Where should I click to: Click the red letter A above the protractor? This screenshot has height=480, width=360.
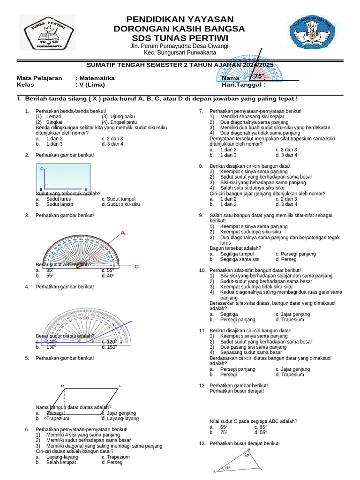coord(123,232)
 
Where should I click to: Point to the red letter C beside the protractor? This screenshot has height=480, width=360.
coord(137,266)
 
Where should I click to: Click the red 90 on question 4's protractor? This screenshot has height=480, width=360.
coord(85,318)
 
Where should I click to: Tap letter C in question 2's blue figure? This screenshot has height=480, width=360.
coord(41,168)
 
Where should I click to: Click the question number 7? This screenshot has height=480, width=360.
coord(201,111)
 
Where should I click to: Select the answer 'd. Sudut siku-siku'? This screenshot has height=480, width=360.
coord(120,204)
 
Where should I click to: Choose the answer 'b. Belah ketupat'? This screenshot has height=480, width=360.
coord(59,462)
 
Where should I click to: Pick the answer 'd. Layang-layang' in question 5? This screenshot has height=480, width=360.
coord(120,418)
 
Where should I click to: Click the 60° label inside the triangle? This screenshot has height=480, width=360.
coord(247,455)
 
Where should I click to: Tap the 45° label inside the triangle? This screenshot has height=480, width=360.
coord(227,467)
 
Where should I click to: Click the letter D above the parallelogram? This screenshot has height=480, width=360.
coord(63,386)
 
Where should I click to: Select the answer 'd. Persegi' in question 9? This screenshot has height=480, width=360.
coord(286,259)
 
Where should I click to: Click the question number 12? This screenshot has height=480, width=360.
coord(202,385)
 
